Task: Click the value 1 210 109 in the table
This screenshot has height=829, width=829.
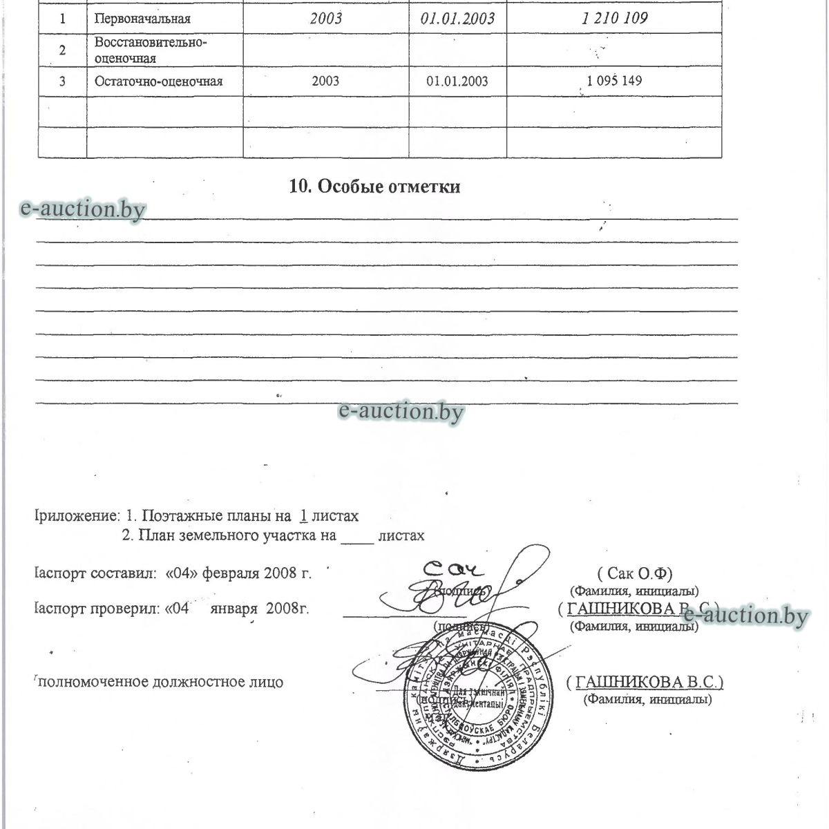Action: (x=614, y=18)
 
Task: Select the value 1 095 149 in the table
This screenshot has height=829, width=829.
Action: (x=614, y=81)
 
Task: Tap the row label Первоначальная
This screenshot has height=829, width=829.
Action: (x=142, y=19)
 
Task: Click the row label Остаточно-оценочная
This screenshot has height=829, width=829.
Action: (x=158, y=82)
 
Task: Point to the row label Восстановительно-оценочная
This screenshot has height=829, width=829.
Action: (x=151, y=50)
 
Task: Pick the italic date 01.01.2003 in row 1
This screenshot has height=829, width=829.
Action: (x=457, y=19)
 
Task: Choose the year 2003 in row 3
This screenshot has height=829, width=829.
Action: (x=325, y=82)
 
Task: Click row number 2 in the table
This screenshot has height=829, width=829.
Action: (x=62, y=50)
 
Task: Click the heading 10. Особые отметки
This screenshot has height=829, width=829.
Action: (x=374, y=187)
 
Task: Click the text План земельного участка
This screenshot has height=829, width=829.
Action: (x=229, y=535)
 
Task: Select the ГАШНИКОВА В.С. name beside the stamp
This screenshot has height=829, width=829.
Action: (x=645, y=682)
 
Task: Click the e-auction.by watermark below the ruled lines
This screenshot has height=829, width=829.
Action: (x=401, y=412)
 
